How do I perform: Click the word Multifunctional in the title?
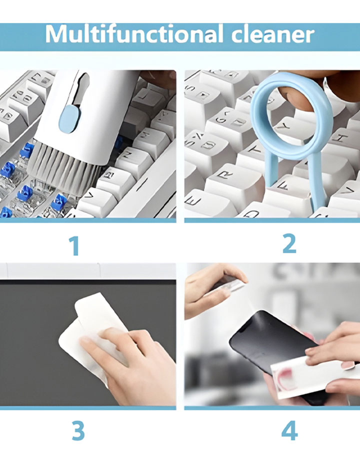click(134, 34)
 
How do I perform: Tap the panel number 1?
click(74, 245)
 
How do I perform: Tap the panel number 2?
click(289, 243)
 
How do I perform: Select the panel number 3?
click(78, 430)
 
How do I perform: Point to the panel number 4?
click(289, 430)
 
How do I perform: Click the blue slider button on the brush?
click(69, 119)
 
